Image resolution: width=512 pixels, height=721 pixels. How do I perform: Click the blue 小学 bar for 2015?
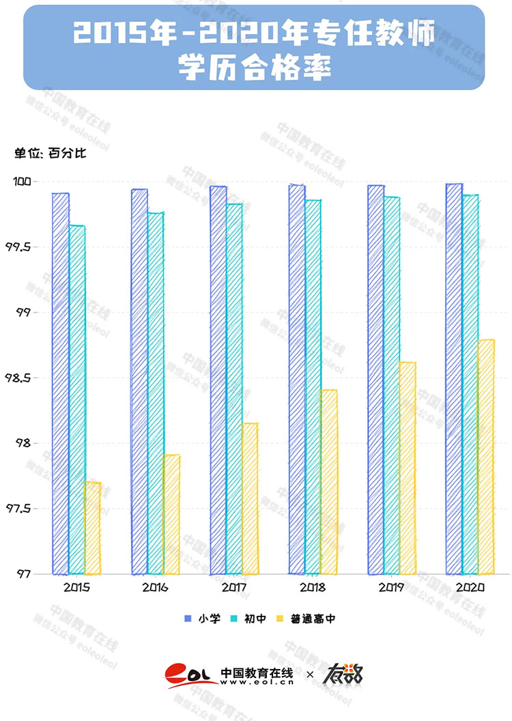[x=61, y=382]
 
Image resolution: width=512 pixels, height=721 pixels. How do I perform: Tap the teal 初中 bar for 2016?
[x=156, y=393]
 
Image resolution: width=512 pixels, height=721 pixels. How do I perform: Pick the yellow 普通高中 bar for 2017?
[x=250, y=498]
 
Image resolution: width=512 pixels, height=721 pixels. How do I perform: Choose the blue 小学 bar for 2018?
[x=297, y=379]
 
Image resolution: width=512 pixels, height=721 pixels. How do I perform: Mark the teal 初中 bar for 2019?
[x=392, y=385]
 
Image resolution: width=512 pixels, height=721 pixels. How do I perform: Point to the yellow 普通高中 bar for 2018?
[x=328, y=481]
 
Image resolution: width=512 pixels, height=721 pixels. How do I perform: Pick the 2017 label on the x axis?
[x=233, y=587]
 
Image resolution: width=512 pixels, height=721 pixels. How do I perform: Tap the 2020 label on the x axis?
[x=470, y=587]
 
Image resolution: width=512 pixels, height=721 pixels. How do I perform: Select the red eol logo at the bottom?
[x=190, y=676]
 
